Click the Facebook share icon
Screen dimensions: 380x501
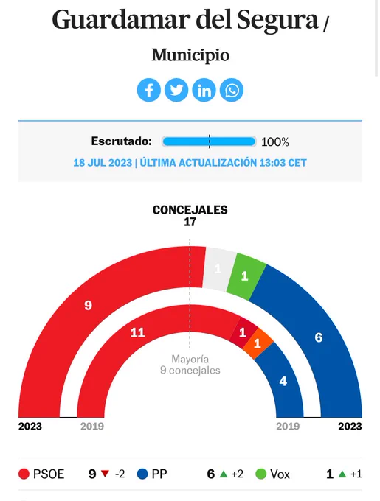tap(149, 90)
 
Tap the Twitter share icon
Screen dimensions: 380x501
tap(176, 90)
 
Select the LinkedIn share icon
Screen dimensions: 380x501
tap(204, 90)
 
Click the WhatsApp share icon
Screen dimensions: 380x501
tap(232, 90)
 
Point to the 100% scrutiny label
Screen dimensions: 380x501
tap(275, 142)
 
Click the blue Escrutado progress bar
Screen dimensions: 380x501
tap(209, 141)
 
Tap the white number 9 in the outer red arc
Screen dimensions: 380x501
tap(88, 306)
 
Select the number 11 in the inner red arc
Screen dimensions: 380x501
tap(137, 333)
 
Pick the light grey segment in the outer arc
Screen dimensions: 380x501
tap(219, 268)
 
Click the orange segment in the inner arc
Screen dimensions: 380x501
tap(258, 343)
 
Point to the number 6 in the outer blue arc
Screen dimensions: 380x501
tap(318, 337)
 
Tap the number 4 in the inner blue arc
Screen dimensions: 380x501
tap(283, 381)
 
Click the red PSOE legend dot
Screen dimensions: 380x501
tap(24, 474)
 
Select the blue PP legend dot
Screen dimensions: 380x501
tap(142, 474)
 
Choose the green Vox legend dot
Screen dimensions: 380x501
tap(261, 474)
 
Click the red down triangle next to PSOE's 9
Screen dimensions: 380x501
tap(105, 474)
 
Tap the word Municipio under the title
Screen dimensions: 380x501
tap(190, 55)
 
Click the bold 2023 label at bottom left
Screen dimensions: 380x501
tap(30, 427)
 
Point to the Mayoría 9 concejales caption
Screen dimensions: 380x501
tap(190, 365)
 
